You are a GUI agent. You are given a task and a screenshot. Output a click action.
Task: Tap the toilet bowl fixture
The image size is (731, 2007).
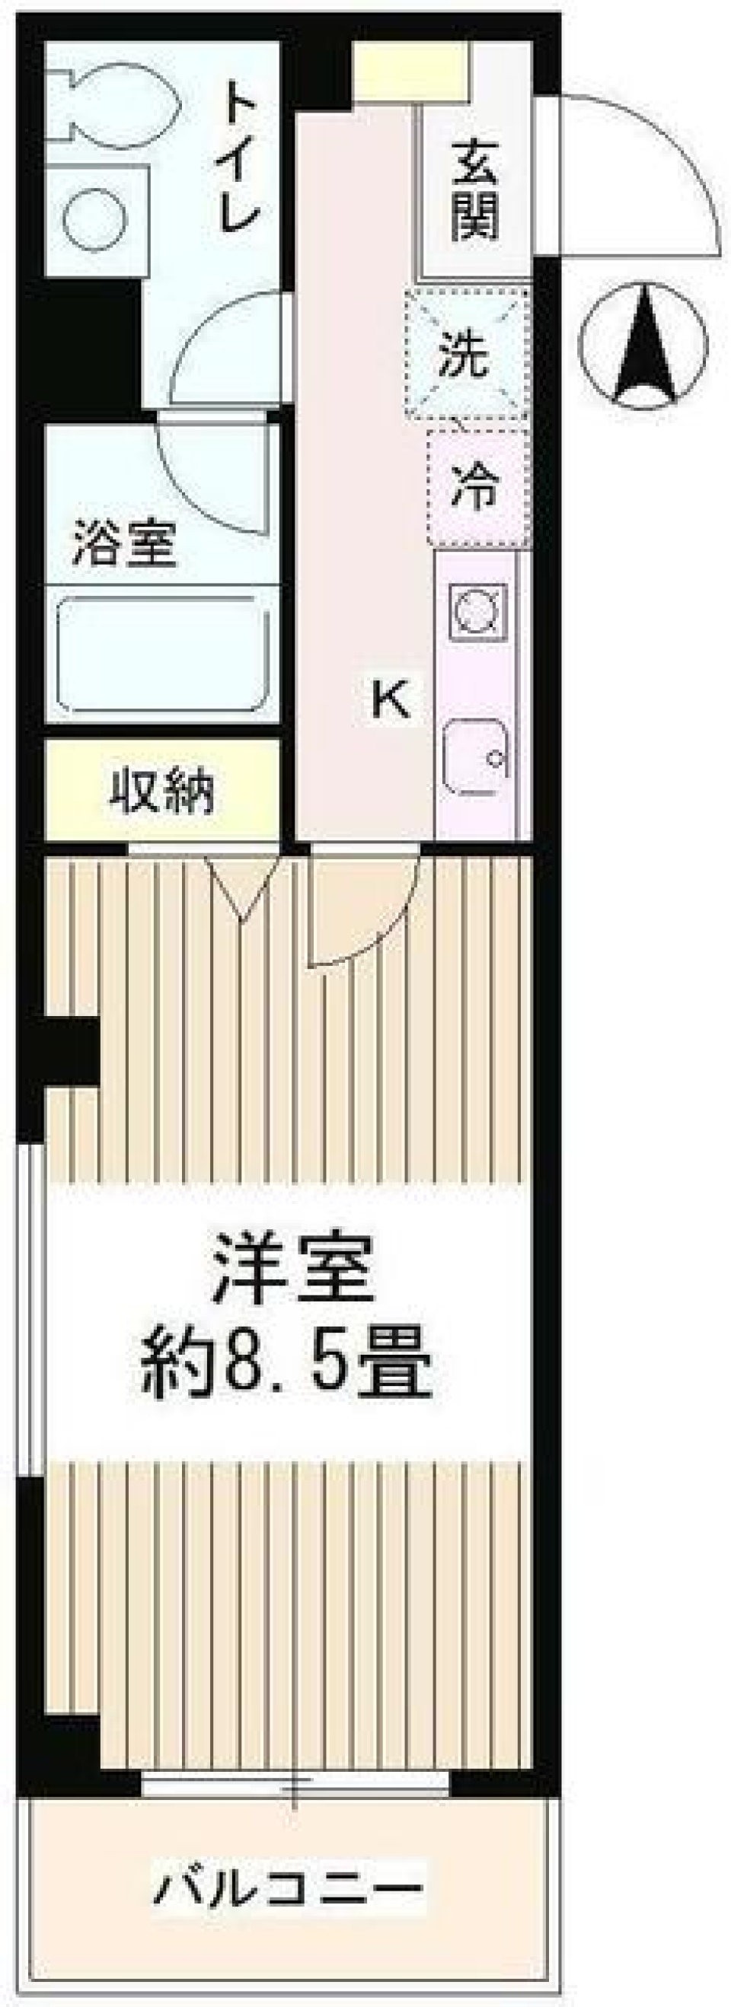tap(117, 101)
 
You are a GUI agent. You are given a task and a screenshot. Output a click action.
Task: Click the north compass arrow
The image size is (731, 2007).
tap(643, 342)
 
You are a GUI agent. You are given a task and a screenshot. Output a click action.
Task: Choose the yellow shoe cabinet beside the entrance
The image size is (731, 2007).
tap(409, 70)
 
